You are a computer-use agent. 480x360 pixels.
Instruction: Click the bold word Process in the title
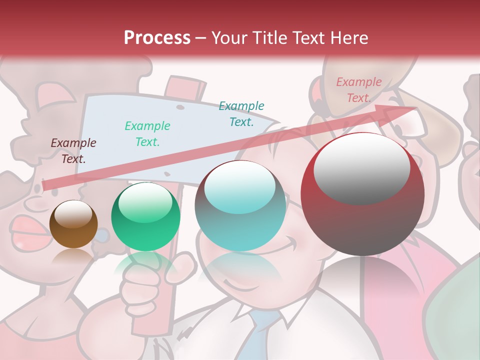pyautogui.click(x=157, y=37)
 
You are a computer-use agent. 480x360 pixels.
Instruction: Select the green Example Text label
pyautogui.click(x=147, y=134)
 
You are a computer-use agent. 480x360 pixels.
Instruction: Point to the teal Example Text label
pyautogui.click(x=241, y=114)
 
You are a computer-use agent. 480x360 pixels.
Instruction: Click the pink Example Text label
pyautogui.click(x=358, y=90)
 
